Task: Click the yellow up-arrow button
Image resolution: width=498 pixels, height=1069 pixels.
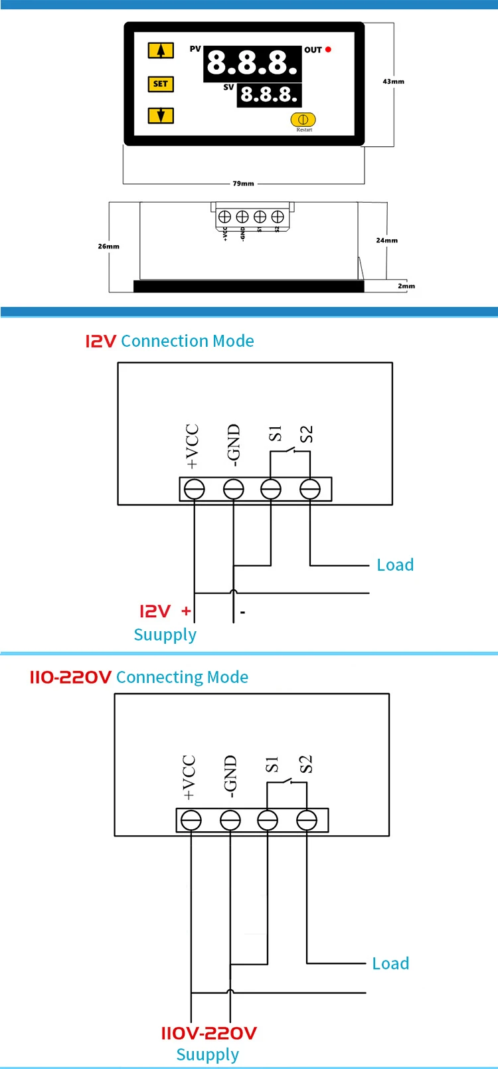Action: coord(160,50)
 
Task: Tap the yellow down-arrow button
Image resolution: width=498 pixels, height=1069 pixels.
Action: coord(160,116)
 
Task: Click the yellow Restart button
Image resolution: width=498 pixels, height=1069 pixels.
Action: coord(303,120)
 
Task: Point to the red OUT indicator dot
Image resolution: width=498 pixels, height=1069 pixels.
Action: coord(328,50)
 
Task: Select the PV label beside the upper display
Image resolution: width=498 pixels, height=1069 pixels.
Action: coord(195,49)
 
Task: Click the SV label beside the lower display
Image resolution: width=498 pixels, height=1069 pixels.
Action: coord(228,87)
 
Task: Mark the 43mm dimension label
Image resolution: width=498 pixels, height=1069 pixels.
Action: coord(393,82)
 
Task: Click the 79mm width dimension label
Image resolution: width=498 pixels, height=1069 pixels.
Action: coord(243,183)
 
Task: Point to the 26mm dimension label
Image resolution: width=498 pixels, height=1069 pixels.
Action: coord(109,246)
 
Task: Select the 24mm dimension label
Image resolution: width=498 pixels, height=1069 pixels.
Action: coord(386,241)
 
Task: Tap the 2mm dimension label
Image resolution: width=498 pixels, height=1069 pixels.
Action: coord(406,286)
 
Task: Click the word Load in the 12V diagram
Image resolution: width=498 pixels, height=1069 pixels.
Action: coord(395,565)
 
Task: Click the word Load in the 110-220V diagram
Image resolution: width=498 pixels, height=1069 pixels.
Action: coord(390,963)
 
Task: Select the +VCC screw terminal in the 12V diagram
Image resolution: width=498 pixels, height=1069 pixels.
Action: coord(194,490)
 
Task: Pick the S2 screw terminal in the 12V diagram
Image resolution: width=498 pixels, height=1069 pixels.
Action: coord(310,490)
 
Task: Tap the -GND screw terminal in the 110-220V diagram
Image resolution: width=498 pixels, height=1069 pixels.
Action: coord(230,821)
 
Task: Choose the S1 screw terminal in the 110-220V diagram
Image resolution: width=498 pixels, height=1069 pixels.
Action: coord(268,821)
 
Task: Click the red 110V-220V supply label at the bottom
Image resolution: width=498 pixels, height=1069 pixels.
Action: coord(208,1033)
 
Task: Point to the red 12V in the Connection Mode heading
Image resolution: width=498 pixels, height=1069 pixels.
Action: coord(100,341)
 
